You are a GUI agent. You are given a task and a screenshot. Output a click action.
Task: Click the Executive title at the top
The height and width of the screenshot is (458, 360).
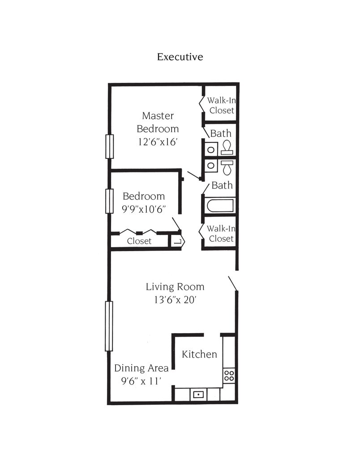click(x=180, y=57)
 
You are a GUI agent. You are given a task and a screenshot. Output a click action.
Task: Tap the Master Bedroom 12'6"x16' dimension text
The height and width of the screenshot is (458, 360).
click(x=158, y=142)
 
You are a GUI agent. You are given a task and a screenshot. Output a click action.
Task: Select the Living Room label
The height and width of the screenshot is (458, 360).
click(x=175, y=287)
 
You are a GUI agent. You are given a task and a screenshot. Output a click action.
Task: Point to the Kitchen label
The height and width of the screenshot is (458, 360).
click(x=200, y=354)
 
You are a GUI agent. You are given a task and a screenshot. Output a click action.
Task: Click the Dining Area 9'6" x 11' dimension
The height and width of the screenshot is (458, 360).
click(x=141, y=381)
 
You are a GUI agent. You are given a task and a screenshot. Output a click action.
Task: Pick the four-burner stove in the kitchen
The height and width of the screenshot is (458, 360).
click(x=229, y=376)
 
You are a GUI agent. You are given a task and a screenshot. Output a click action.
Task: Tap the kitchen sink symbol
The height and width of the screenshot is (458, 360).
click(x=198, y=394)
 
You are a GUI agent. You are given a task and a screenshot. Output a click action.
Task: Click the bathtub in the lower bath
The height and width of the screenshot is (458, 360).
click(x=220, y=205)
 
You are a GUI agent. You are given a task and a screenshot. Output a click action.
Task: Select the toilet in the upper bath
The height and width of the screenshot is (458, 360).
click(x=227, y=147)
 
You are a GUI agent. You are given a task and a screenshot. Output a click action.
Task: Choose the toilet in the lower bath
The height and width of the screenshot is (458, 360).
click(x=227, y=167)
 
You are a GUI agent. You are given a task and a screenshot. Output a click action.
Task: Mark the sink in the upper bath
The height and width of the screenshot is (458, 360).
click(x=211, y=150)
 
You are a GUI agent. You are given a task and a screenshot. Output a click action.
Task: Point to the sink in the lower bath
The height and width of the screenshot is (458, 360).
click(x=211, y=166)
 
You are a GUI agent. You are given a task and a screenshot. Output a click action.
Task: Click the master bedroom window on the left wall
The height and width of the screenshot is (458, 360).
click(x=110, y=146)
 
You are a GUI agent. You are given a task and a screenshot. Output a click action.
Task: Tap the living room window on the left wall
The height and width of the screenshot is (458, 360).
click(x=109, y=326)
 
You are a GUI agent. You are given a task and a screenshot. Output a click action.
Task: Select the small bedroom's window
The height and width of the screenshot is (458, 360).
click(x=109, y=201)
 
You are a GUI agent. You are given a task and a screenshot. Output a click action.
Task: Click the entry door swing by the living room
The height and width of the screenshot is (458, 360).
click(x=233, y=284)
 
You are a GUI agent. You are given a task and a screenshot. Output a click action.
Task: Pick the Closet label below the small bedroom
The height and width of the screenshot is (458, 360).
click(x=139, y=241)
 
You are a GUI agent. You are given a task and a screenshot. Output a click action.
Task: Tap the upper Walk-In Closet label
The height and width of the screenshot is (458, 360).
click(x=222, y=106)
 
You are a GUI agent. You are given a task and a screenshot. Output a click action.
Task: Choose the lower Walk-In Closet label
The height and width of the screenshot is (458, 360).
click(x=221, y=234)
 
